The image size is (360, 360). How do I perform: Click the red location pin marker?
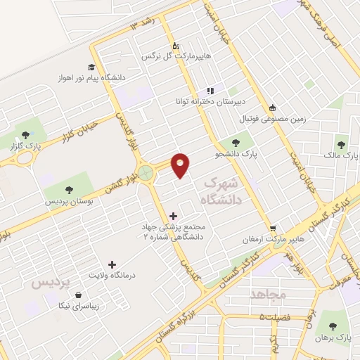[x=181, y=165]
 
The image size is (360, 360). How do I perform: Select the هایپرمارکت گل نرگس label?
[x=167, y=55]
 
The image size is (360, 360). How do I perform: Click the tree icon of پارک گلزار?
[x=25, y=134]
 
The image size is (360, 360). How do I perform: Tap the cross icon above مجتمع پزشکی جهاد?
[x=174, y=215]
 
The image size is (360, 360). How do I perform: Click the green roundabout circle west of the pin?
[x=147, y=172]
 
